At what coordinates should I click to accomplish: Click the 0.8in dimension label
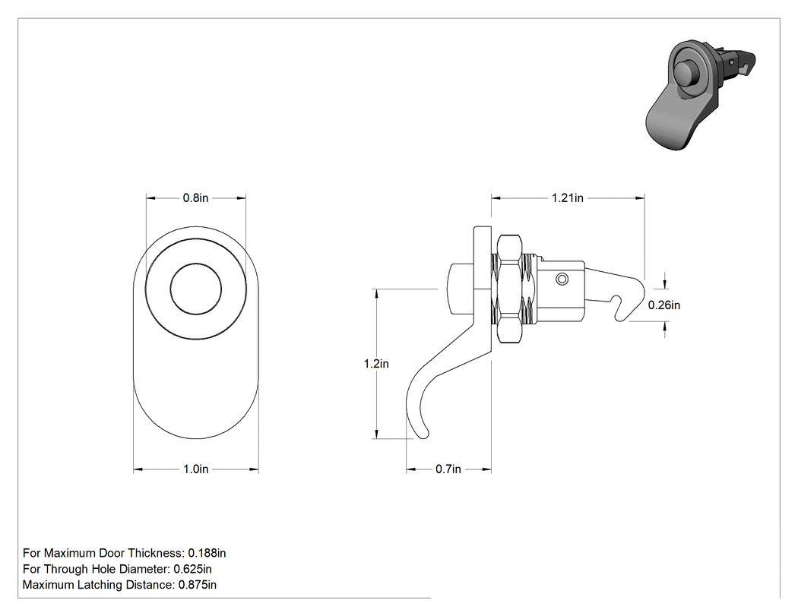point(196,198)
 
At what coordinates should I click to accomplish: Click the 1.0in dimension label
point(196,469)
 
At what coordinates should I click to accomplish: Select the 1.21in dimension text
point(568,198)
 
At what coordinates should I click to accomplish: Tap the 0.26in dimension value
point(664,305)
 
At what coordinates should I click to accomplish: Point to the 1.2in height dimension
point(377,364)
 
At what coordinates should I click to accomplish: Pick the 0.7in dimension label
point(448,469)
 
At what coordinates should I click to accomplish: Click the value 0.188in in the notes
point(207,553)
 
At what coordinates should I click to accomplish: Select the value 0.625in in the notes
point(193,569)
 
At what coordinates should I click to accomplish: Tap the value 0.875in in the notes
point(198,584)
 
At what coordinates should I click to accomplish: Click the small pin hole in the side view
point(562,279)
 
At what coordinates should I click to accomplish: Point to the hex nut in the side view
point(509,288)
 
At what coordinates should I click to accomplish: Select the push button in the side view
point(459,289)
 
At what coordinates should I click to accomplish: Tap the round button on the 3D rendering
point(685,74)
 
